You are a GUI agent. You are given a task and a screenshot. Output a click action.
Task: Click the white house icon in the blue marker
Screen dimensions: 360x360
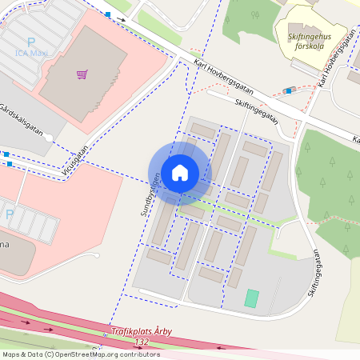point(180,172)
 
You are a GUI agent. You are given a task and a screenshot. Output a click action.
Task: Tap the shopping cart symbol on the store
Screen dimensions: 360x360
point(82,74)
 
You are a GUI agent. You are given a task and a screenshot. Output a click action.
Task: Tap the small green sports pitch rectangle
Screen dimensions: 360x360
point(251,298)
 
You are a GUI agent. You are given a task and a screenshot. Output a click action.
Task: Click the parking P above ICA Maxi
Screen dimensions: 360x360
point(31,42)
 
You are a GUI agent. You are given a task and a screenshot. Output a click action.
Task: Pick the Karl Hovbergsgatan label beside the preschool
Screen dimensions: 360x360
point(335,60)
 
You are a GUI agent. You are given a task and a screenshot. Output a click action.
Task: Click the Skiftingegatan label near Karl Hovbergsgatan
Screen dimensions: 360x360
point(257,111)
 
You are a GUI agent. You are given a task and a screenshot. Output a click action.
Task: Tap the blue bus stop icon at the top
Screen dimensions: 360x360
point(108,14)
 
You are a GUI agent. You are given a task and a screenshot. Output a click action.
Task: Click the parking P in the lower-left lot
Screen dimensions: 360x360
point(10,214)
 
